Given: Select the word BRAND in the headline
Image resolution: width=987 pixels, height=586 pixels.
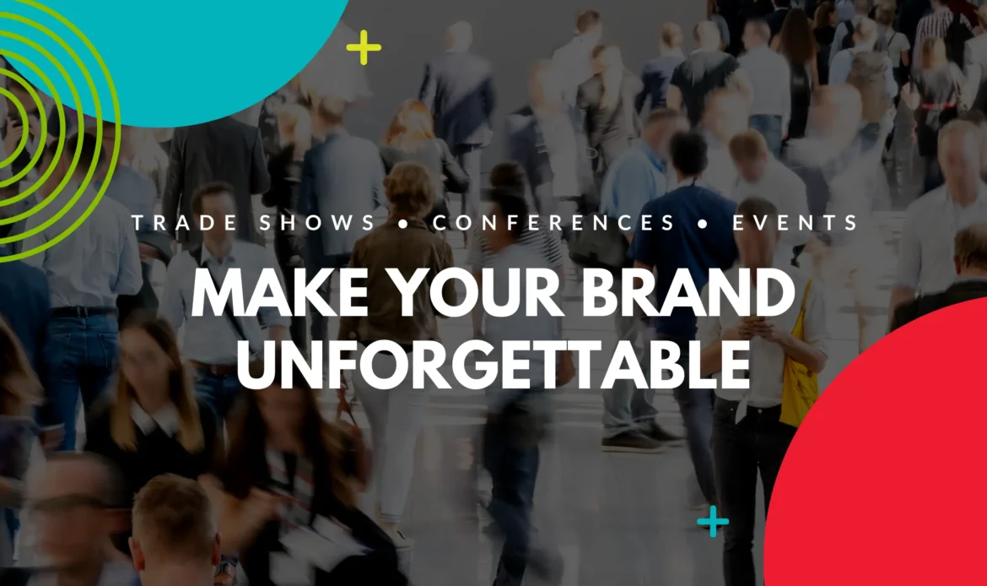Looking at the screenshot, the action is [x=688, y=292].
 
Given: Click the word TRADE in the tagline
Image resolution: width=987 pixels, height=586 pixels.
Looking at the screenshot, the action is [x=185, y=222].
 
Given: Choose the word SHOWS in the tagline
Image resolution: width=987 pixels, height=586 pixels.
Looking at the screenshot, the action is [x=316, y=222].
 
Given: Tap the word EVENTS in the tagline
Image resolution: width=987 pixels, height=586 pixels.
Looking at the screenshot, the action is [x=796, y=222].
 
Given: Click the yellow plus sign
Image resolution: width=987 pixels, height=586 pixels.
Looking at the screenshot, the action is [x=364, y=47].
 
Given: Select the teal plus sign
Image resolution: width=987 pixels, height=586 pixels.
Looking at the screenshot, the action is [x=713, y=521].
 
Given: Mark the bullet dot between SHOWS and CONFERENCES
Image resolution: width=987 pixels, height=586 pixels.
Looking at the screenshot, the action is [x=403, y=224].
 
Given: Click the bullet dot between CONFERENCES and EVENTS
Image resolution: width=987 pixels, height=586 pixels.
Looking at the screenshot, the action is [x=704, y=224].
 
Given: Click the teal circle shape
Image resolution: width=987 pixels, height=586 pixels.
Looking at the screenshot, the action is [x=189, y=51].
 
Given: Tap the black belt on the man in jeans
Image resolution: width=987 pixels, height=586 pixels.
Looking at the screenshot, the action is [x=83, y=312].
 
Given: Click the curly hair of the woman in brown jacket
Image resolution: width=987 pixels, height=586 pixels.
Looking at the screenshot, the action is [x=410, y=190].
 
